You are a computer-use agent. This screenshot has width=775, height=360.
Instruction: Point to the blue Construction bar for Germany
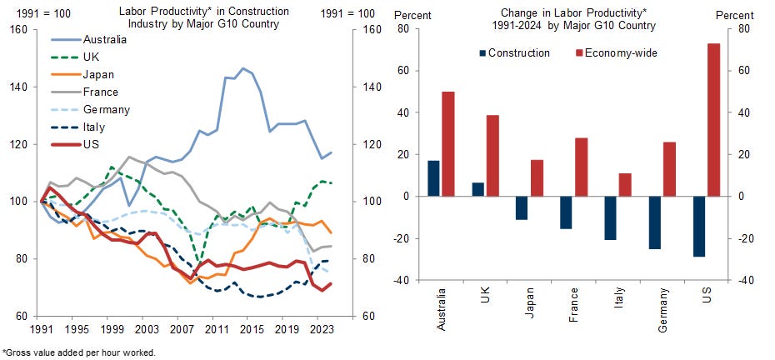coord(654,222)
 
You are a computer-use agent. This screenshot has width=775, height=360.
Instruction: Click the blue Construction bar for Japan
coord(522,207)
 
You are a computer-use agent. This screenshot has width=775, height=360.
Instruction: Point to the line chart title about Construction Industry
coord(203,17)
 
